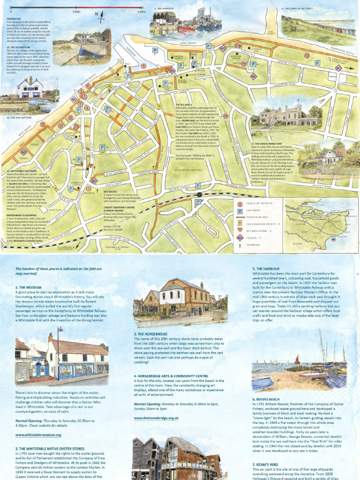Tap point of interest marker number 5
pyautogui.click(x=143, y=66)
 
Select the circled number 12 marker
pyautogui.click(x=307, y=55)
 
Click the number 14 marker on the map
pyautogui.click(x=225, y=116)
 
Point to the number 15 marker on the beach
pyautogui.click(x=43, y=124)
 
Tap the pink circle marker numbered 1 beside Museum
pyautogui.click(x=89, y=188)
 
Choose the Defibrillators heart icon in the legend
pyautogui.click(x=240, y=231)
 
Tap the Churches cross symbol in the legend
pyautogui.click(x=240, y=244)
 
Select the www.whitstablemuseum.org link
pyautogui.click(x=38, y=435)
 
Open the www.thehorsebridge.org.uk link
pyautogui.click(x=156, y=417)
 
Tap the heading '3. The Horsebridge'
pyautogui.click(x=155, y=334)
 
